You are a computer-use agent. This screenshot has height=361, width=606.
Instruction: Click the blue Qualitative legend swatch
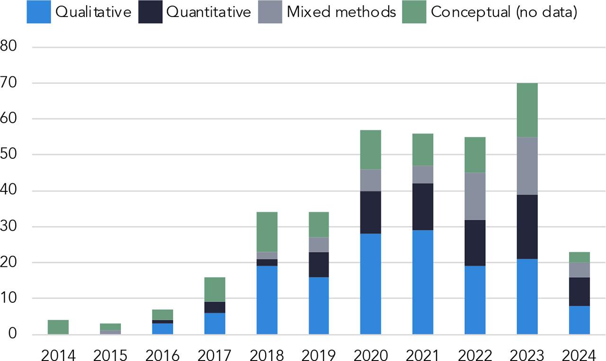pos(38,12)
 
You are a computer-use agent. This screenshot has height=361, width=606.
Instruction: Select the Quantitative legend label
pos(208,12)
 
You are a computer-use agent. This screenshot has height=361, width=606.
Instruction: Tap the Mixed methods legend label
pos(341,12)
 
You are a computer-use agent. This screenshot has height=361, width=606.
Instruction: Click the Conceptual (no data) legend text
pos(504,12)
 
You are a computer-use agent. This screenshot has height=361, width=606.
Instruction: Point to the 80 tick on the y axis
pos(9,47)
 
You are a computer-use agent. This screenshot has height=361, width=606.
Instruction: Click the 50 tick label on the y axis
pos(9,154)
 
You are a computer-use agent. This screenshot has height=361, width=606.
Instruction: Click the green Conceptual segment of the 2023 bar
pos(527,110)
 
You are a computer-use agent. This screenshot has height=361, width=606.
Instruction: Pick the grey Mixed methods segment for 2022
pos(475,196)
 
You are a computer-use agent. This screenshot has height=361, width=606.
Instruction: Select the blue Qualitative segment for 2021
pos(423,282)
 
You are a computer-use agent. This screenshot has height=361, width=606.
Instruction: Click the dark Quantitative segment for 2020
pos(371,212)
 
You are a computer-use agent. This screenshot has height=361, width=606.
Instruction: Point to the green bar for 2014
pos(58,327)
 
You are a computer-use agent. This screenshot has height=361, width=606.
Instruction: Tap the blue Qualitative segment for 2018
pos(267,300)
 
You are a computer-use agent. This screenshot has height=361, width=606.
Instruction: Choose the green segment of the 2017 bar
pos(214,289)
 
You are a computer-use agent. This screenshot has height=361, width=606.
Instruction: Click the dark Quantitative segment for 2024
pos(579,291)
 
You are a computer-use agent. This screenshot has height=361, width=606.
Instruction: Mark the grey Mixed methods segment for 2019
pos(319,244)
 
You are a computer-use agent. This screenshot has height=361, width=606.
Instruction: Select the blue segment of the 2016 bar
pos(162,329)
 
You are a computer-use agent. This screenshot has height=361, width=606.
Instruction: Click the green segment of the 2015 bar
pos(110,326)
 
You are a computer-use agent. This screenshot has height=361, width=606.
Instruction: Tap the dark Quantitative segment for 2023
pos(527,227)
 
